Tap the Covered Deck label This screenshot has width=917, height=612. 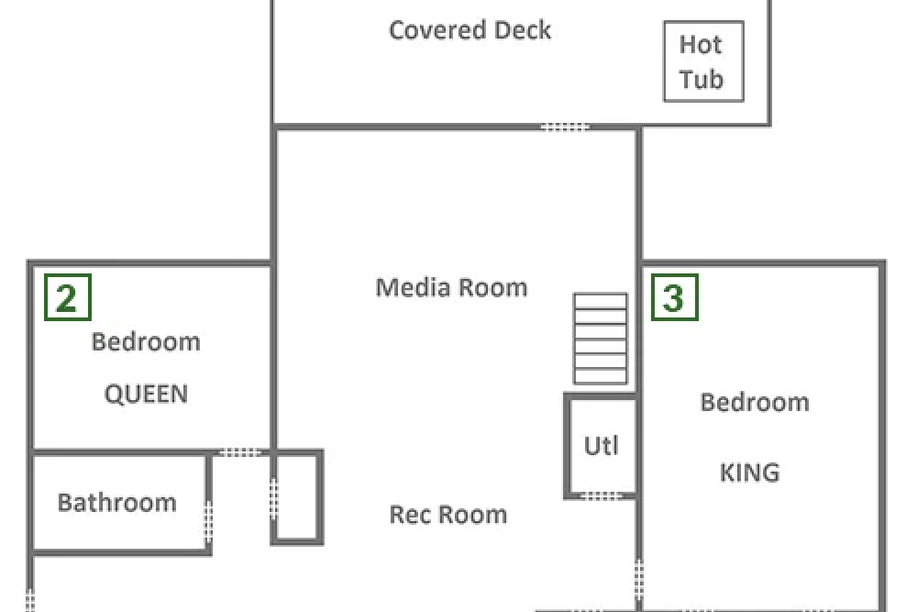(x=470, y=30)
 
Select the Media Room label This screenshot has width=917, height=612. (x=451, y=288)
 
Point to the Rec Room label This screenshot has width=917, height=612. (x=448, y=515)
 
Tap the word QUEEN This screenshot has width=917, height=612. (x=146, y=394)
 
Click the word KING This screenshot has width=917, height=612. (x=749, y=473)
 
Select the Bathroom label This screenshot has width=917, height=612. (x=117, y=503)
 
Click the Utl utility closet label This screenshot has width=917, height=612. (x=602, y=446)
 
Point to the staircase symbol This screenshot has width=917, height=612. (x=601, y=339)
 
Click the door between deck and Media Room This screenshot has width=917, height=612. (x=564, y=127)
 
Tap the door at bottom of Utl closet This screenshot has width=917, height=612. (x=602, y=496)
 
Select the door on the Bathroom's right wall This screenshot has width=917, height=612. (x=208, y=522)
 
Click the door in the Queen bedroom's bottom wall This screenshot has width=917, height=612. (x=239, y=452)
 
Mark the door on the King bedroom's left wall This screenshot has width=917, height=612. (x=639, y=579)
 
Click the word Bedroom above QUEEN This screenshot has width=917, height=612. (x=146, y=341)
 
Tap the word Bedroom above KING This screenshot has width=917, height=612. (x=755, y=403)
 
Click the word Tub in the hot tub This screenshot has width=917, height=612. (x=702, y=80)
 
